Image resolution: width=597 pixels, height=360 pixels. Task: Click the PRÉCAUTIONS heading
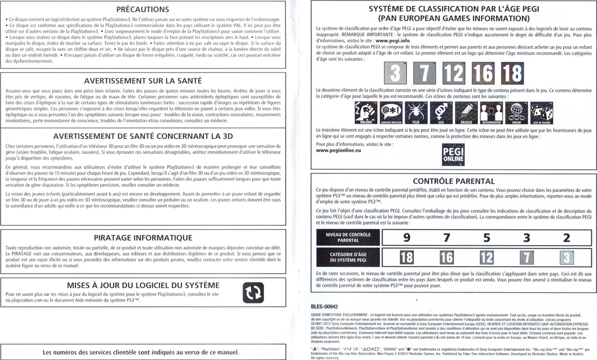pos(143,9)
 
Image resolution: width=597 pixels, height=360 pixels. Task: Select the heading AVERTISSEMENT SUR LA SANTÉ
pos(143,81)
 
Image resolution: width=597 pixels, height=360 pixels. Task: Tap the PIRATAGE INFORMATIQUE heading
pos(143,237)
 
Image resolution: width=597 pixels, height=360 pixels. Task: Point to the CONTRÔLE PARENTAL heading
pos(454,181)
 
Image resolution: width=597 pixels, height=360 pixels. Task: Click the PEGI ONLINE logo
pos(454,155)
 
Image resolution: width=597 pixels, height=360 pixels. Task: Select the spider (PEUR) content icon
pos(416,113)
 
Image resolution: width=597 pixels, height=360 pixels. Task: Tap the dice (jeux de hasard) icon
pos(541,113)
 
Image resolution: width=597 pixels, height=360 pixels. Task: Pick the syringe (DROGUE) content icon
pos(466,113)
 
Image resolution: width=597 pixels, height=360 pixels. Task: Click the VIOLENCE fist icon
pos(366,113)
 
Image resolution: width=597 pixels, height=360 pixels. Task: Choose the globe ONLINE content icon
pos(516,113)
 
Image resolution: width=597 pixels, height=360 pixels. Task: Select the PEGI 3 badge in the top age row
pos(395,73)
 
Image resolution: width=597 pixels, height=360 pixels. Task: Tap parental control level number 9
pos(406,237)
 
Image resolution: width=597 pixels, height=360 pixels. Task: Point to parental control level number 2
pos(566,237)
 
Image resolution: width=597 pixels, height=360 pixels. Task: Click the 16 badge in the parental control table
pos(446,257)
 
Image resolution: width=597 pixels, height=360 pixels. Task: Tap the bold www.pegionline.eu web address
pos(338,151)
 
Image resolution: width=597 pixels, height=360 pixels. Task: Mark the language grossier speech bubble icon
pos(391,113)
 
